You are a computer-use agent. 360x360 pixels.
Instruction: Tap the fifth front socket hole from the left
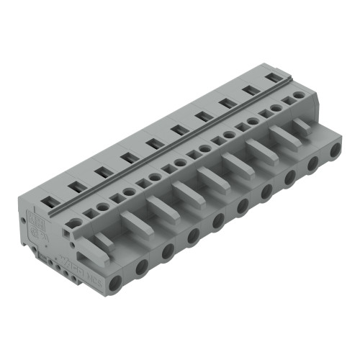(x=217, y=220)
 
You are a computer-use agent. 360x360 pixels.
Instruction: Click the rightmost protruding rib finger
(x=301, y=124)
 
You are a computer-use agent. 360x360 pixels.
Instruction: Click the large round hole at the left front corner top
(x=69, y=229)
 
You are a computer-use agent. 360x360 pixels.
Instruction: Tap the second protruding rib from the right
(x=282, y=136)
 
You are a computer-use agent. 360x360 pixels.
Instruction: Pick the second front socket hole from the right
(x=312, y=164)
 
